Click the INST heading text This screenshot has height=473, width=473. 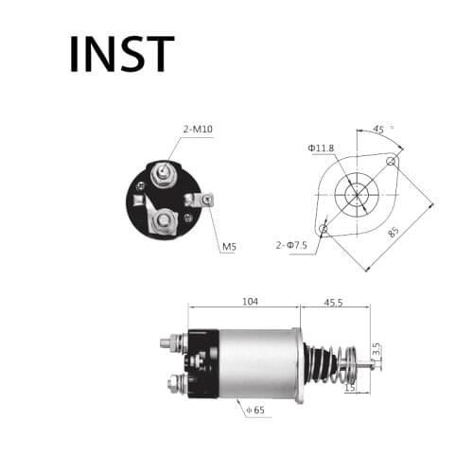click(122, 54)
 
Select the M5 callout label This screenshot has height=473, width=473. click(229, 247)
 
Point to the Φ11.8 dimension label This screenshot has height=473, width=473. click(323, 147)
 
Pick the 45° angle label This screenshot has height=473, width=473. click(381, 131)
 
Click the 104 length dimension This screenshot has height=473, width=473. click(250, 302)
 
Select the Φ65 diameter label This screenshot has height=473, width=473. click(254, 410)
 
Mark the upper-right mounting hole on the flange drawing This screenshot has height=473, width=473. click(390, 162)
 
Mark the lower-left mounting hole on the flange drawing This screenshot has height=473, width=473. click(324, 228)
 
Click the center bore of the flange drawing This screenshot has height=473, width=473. click(357, 195)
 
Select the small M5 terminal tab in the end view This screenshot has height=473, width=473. click(202, 199)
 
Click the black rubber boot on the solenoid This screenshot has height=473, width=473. click(322, 364)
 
